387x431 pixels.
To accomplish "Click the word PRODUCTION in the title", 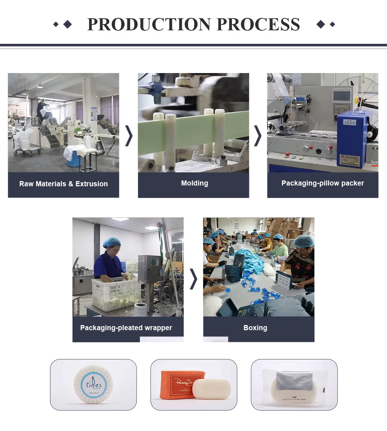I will click(149, 24).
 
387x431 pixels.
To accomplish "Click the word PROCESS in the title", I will click(258, 24).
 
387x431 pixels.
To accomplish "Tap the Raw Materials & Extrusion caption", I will click(64, 184).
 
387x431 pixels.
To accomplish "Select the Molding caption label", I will click(195, 183).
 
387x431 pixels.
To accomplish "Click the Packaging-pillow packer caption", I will click(322, 183).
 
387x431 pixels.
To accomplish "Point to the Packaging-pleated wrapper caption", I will click(126, 328).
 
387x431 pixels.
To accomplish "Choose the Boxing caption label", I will click(255, 328).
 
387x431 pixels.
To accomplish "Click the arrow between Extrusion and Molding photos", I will click(129, 136).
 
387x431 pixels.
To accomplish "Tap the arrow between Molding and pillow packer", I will click(258, 136).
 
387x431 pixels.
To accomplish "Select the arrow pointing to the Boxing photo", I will click(193, 279).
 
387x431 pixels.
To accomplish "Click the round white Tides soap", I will click(93, 385).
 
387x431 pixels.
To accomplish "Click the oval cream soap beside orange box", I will click(211, 389).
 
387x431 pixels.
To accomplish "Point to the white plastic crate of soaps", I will click(116, 294).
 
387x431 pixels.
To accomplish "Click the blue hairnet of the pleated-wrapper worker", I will click(112, 242).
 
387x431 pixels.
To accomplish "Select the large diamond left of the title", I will click(68, 24).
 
